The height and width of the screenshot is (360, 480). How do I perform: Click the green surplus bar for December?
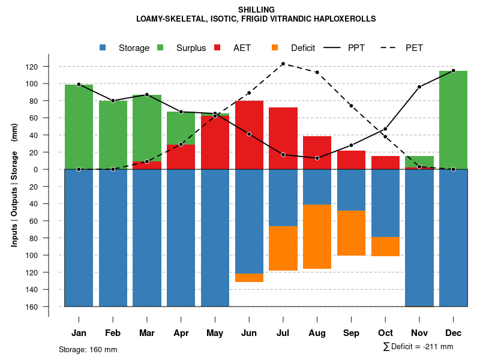(x=453, y=120)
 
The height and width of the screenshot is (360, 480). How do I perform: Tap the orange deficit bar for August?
(x=317, y=236)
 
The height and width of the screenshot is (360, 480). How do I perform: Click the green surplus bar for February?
(x=113, y=135)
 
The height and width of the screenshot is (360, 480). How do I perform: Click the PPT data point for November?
(x=419, y=87)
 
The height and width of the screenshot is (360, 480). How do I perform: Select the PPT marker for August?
(x=317, y=158)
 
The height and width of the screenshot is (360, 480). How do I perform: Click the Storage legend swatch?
(x=103, y=47)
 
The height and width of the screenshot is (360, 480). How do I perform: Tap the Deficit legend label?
(x=303, y=48)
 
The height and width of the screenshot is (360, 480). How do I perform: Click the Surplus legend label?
(x=191, y=48)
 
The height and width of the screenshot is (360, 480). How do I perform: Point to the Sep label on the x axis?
(x=351, y=333)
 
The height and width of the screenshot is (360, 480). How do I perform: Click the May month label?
(x=215, y=333)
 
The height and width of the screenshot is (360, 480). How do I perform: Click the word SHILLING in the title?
(x=256, y=10)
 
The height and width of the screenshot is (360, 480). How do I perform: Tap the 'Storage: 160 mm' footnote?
(x=88, y=349)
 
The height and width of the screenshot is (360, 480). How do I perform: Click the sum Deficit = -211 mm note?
(x=418, y=346)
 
